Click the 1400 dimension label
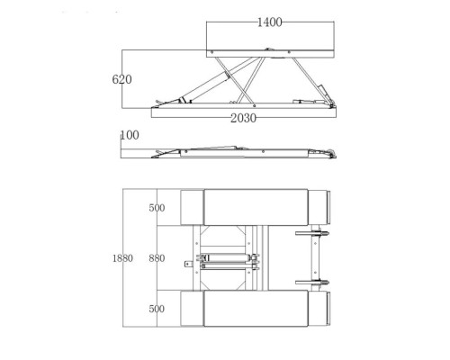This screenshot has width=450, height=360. pos(270,22)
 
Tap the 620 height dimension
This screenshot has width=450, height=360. pos(121,79)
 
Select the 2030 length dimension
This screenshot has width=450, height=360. pos(243,118)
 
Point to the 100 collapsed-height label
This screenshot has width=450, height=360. pos(130,135)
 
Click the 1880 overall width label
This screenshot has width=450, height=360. pos(122,258)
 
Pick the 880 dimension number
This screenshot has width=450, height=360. pos(157,258)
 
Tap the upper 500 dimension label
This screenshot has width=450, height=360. pos(157,208)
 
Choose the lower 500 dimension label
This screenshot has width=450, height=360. pos(157,309)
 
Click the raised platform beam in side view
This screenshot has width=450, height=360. pos(270,54)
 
